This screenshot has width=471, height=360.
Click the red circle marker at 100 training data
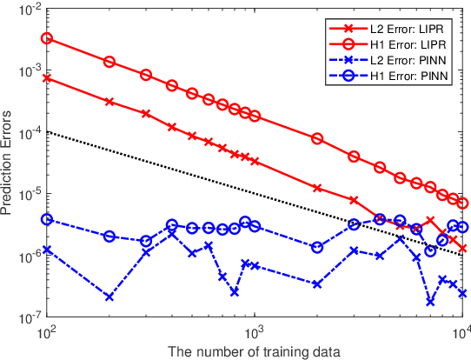click(47, 39)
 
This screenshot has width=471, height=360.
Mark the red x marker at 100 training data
click(47, 77)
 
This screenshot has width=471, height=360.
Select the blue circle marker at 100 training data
click(47, 220)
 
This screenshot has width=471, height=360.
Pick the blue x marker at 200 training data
click(109, 297)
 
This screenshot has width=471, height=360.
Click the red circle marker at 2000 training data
click(317, 139)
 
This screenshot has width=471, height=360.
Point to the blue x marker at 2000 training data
click(317, 283)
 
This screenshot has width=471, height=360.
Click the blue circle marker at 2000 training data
click(317, 247)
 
